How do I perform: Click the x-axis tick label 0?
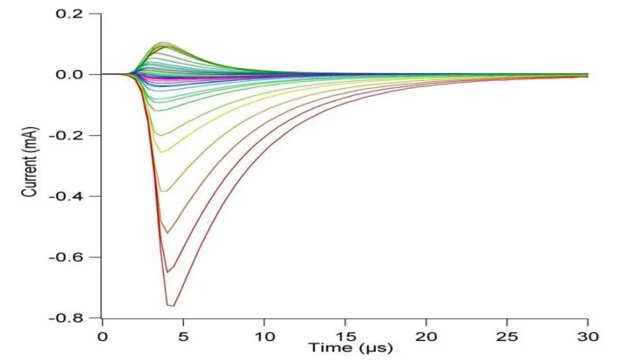pos(102,336)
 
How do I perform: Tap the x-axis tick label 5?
pos(183,336)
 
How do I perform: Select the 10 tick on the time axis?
pos(264,336)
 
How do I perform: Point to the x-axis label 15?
pos(345,336)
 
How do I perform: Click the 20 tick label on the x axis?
pos(426,336)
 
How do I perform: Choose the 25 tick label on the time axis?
pos(507,336)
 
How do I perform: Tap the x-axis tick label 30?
pos(588,336)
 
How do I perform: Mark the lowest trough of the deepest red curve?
pos(171,305)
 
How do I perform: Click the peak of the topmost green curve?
pos(162,42)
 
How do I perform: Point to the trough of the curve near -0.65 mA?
pos(167,273)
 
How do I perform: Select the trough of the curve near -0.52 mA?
pos(166,233)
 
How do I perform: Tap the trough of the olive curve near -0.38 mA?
pos(164,191)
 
